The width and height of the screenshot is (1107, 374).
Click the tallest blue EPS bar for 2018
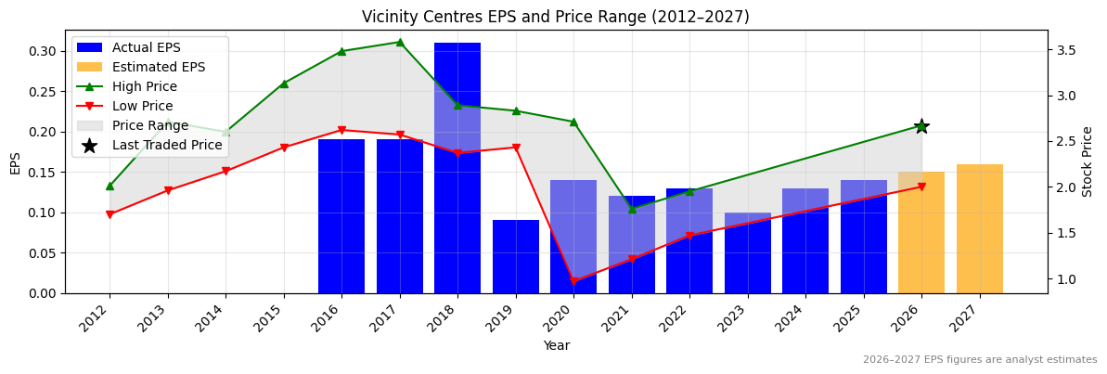(x=457, y=167)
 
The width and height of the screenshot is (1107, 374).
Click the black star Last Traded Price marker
(x=921, y=126)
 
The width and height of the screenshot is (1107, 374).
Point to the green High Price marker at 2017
(x=400, y=42)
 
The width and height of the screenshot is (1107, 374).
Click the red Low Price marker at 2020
(x=573, y=281)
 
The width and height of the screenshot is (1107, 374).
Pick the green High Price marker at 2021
(x=632, y=209)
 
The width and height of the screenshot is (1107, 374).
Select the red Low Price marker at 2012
(x=109, y=214)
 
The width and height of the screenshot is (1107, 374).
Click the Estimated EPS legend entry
(x=159, y=67)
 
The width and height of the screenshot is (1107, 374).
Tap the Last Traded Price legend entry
(x=167, y=145)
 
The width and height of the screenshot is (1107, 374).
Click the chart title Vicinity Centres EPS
(x=555, y=17)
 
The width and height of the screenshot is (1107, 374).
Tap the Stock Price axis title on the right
(x=1088, y=161)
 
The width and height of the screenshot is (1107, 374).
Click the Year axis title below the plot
(x=556, y=345)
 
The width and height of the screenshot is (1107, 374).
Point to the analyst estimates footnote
(x=980, y=360)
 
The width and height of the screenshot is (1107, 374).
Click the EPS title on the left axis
(x=15, y=161)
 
